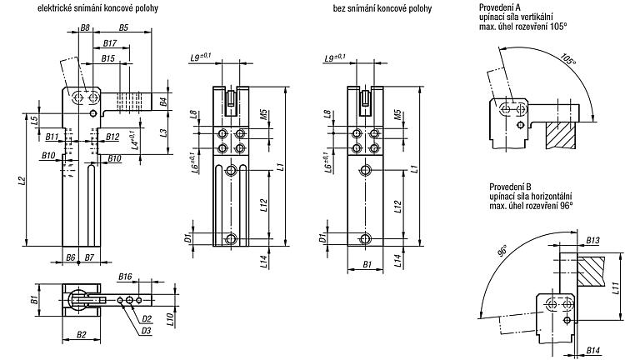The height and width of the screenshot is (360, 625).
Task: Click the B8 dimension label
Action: point(85,27)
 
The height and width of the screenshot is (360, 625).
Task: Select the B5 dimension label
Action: point(123,27)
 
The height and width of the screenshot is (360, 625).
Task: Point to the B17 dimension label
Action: point(110,43)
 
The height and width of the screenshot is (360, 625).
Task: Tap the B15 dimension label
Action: point(107,58)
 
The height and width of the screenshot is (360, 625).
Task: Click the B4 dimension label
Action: point(163,101)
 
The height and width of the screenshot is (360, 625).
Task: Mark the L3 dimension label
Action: point(163,132)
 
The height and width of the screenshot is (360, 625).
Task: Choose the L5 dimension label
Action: point(34,120)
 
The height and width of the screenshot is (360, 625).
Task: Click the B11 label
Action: point(52,137)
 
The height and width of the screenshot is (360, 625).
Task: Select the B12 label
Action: point(112,137)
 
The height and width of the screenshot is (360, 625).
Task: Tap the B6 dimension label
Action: point(71,257)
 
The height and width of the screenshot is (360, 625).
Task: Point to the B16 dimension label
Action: point(125,277)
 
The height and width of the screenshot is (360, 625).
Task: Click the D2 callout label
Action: point(147,318)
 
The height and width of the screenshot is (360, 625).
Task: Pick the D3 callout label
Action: point(146,331)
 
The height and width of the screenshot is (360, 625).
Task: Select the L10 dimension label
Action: point(169,320)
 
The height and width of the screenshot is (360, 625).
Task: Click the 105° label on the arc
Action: point(568,60)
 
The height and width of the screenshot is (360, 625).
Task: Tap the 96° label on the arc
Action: point(502,252)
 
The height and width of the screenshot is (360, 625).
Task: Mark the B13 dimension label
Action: point(592,240)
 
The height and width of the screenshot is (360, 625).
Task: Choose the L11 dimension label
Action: point(616,286)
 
